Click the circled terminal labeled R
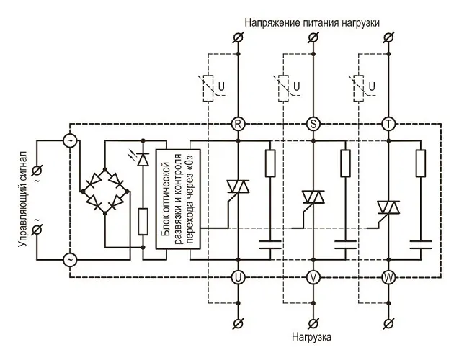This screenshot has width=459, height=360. (238, 124)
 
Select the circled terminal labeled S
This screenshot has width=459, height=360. (313, 124)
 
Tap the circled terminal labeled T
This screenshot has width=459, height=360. (389, 124)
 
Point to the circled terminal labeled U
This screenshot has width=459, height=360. (238, 276)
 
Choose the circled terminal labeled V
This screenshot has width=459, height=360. (313, 276)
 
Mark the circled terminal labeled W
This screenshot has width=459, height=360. (389, 276)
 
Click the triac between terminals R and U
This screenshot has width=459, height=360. (238, 189)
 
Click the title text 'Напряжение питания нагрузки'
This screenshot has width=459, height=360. (311, 22)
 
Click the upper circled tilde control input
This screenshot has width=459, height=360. (70, 141)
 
